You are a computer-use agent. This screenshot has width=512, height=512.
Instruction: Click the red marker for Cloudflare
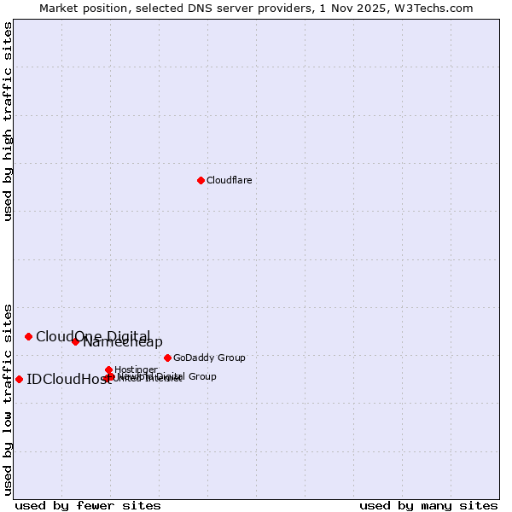point(201,180)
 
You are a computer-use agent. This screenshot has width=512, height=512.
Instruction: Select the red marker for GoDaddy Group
point(167,358)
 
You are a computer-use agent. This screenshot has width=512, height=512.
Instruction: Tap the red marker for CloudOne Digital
point(28,336)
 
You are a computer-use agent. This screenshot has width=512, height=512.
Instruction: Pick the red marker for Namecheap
point(75,341)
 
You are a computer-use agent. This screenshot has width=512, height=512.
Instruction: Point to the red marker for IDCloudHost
point(19,379)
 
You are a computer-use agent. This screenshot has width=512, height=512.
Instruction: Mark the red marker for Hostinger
point(108,369)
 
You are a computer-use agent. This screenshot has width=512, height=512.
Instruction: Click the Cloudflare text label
point(230,180)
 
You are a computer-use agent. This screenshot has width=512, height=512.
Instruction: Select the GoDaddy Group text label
point(209,358)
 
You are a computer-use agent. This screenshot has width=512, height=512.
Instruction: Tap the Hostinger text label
point(136,369)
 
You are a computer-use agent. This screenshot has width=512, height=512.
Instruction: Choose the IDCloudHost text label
point(68,380)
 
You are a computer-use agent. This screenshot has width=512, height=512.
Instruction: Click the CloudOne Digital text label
point(93,336)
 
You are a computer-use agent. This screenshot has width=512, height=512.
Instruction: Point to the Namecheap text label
point(123,342)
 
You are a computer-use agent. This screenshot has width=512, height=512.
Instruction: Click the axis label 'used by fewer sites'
point(88,505)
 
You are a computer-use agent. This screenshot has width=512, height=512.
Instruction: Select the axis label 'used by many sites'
point(428,505)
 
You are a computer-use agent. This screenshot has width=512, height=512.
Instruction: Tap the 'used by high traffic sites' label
point(9,121)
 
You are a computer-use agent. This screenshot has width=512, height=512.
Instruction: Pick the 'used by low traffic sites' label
point(9,399)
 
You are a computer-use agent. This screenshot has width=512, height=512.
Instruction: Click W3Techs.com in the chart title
point(438,8)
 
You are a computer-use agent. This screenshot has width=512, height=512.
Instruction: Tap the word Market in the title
point(58,8)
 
